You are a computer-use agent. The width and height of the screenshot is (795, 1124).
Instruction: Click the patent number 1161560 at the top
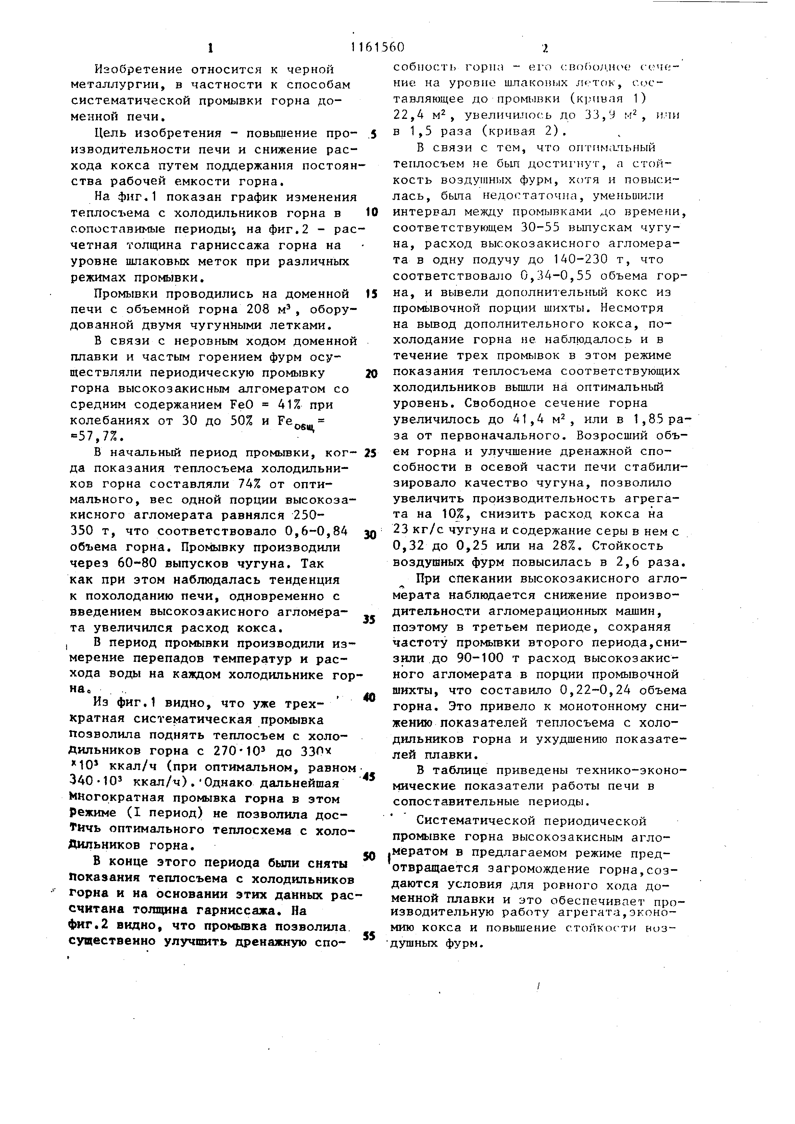(x=377, y=47)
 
